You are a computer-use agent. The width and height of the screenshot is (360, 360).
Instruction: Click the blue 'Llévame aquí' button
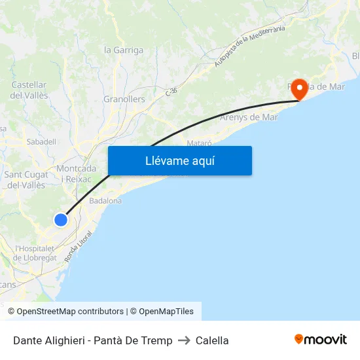(x=179, y=160)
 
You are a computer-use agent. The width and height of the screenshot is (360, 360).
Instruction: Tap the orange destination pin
(x=300, y=89)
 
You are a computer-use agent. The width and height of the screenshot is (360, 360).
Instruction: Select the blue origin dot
(x=60, y=220)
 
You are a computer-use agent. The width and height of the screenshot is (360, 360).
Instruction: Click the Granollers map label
(x=124, y=99)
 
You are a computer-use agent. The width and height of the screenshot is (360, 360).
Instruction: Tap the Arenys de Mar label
(x=249, y=118)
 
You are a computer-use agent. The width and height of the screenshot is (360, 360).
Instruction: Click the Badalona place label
(x=105, y=201)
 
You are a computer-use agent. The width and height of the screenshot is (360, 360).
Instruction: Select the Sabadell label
(x=41, y=141)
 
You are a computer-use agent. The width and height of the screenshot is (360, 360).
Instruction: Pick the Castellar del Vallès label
(x=29, y=90)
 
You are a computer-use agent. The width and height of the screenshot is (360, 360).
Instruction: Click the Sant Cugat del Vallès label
(x=26, y=180)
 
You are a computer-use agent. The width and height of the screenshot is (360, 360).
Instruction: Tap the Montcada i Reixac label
(x=76, y=173)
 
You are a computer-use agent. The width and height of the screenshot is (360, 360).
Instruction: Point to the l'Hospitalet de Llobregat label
(x=36, y=253)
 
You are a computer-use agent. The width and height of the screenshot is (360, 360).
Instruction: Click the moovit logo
(x=321, y=340)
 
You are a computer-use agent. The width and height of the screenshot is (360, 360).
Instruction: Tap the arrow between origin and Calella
(x=184, y=340)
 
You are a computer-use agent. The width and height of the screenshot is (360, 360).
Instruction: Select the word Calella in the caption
(x=212, y=340)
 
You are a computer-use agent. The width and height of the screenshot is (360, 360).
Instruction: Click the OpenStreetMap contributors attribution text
(x=70, y=312)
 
